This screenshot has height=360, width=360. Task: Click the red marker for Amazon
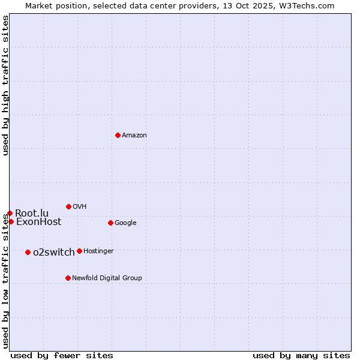point(118,135)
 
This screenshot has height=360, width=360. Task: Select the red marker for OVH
point(68,206)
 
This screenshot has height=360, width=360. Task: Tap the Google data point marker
point(110,223)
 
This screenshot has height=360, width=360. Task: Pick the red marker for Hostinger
point(79,251)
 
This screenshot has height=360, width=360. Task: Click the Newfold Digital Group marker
point(68,278)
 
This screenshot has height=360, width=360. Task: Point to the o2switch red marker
point(28,252)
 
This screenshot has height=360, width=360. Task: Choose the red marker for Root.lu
point(10,213)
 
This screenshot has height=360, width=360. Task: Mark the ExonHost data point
point(11,221)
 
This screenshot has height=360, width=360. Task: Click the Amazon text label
point(134,136)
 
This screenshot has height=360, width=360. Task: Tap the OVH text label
point(80,207)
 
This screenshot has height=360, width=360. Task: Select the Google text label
point(125,223)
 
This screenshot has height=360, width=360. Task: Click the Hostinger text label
point(98,251)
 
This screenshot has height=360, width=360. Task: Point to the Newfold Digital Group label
point(107,278)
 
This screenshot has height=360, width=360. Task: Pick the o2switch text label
point(54,252)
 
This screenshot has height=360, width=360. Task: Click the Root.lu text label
point(32,213)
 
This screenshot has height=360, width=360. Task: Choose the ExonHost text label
point(38,222)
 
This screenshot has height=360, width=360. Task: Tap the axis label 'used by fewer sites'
point(62,355)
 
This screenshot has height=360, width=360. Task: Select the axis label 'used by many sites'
point(301,355)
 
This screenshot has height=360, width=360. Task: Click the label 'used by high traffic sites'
point(5,85)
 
